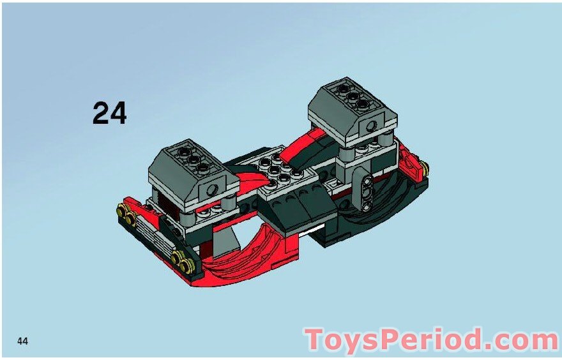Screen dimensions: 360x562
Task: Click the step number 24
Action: point(110,113)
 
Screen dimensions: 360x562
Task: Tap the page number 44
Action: point(23,341)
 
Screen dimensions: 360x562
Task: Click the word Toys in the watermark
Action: point(342,340)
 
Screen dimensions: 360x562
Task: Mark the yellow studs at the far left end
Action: point(124,214)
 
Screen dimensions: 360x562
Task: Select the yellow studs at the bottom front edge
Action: point(181,260)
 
